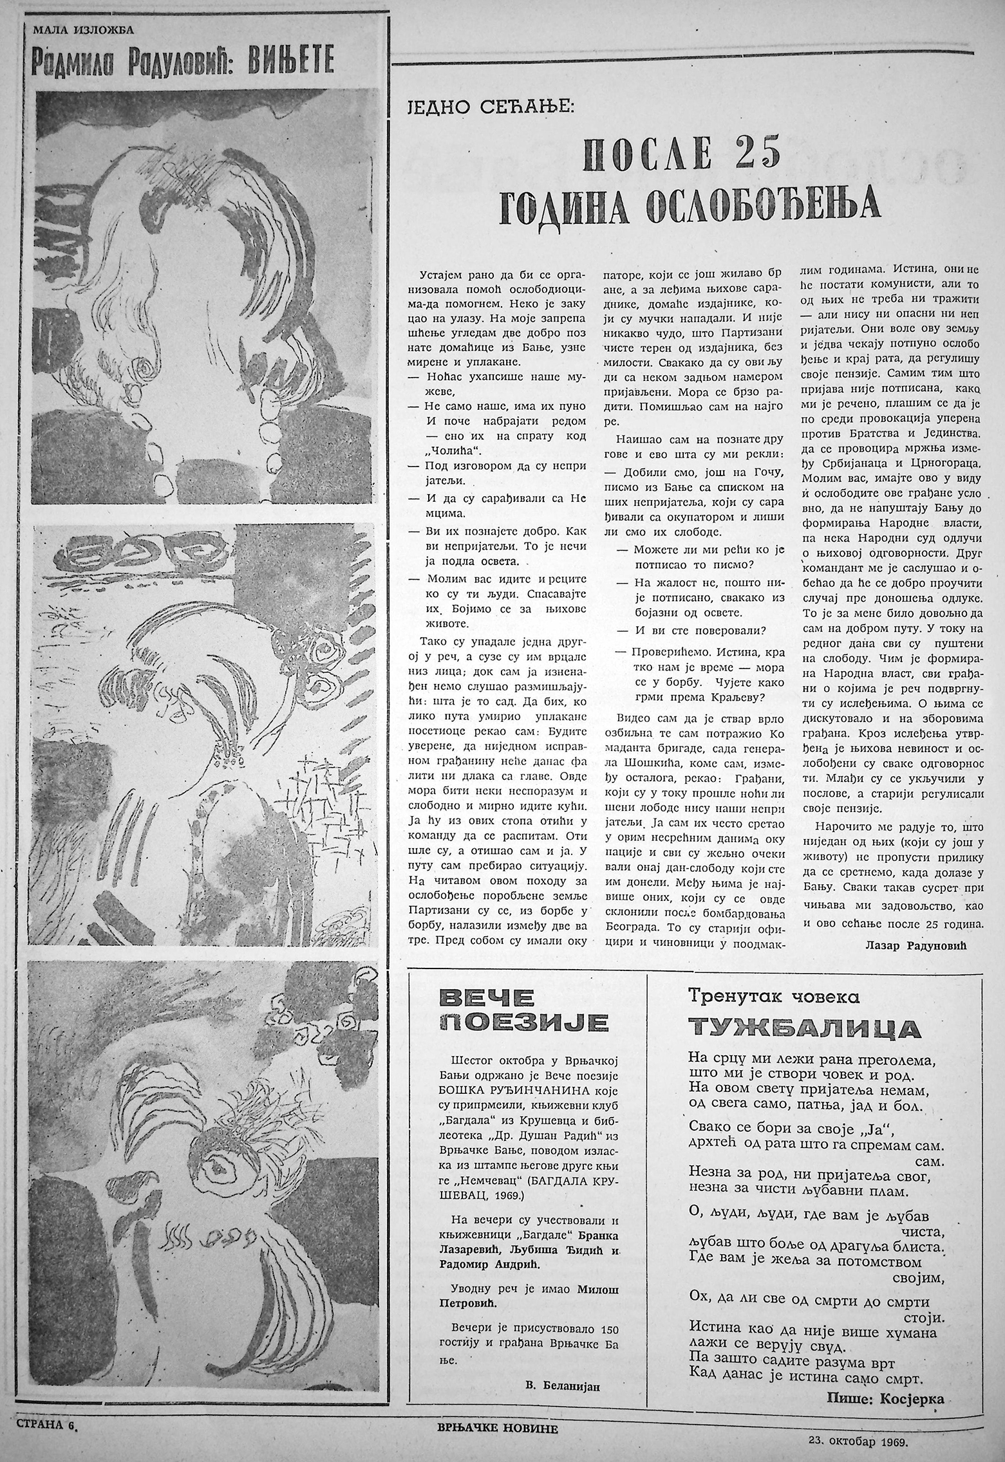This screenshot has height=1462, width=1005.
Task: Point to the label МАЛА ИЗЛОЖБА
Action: pos(77,28)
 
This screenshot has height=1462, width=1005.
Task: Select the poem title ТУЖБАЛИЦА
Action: pos(802,1028)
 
